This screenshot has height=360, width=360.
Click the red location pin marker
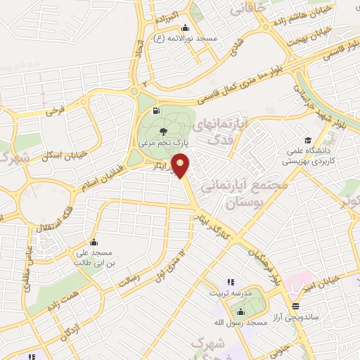coord(181,165)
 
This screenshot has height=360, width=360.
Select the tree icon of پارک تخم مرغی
coord(164,131)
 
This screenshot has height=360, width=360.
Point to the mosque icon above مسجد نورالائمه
coord(184,29)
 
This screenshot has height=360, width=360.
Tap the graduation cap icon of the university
coord(308,139)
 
